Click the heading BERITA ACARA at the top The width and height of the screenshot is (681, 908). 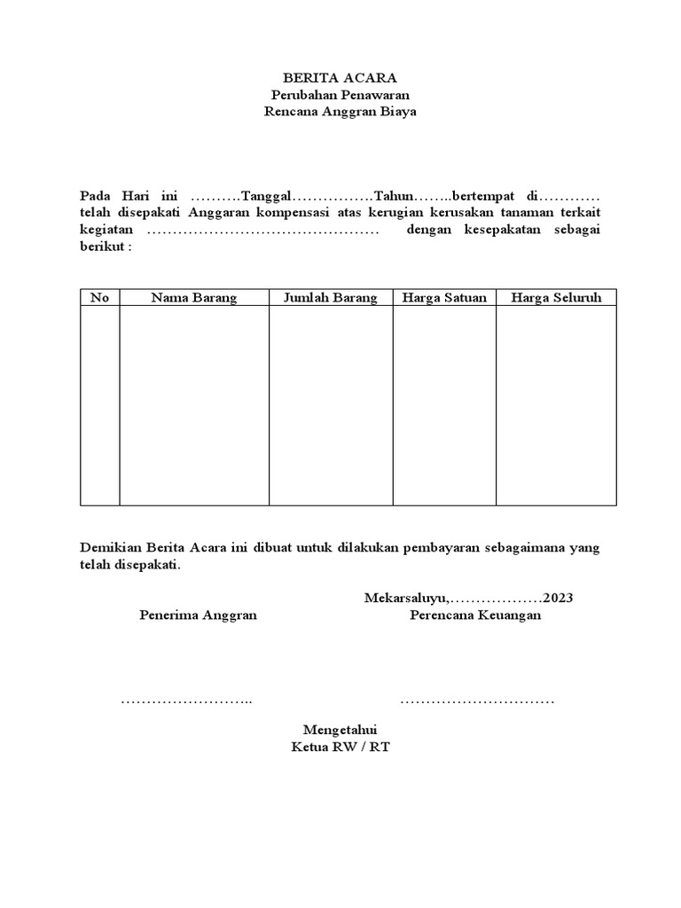coord(340,78)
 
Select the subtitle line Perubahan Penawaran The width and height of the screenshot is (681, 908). coord(340,95)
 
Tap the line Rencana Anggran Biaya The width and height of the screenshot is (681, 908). coord(340,112)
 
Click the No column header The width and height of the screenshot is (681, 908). coord(99,298)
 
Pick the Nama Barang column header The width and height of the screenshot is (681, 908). coord(194,298)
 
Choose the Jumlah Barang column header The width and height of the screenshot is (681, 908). coord(331,298)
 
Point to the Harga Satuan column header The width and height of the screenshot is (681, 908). coord(444,298)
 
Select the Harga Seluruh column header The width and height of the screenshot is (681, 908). coord(556,298)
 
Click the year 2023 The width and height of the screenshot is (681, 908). coord(559,598)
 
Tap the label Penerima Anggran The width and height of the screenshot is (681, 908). coord(199,615)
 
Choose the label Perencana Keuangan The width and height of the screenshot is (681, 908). coord(475,615)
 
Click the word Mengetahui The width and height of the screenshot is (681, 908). coord(340,730)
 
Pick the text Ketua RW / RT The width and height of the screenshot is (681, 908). coord(340,747)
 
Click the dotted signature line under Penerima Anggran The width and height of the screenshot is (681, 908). coord(187,702)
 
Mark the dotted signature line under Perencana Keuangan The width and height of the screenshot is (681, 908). coord(477,702)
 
